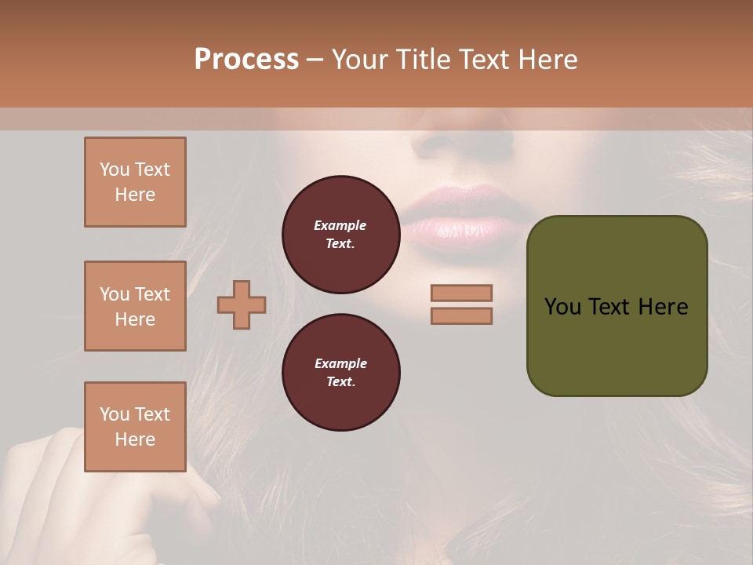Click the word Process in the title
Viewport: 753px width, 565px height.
tap(246, 60)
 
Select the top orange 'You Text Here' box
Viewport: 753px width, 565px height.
tap(135, 182)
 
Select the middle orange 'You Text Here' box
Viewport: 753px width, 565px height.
tap(135, 306)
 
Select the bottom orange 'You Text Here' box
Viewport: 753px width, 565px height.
tap(135, 427)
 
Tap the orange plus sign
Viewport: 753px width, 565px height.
tap(242, 304)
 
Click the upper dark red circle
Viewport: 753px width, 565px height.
tap(340, 235)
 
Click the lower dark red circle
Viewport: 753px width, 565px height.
tap(340, 373)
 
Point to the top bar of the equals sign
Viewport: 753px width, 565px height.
tap(461, 293)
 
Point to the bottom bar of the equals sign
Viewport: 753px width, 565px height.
tap(461, 315)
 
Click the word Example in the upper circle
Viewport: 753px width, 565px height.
tap(340, 225)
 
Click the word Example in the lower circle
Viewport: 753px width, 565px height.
tap(340, 363)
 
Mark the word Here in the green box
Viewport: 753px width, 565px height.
tap(663, 307)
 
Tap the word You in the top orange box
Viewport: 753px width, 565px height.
tap(115, 169)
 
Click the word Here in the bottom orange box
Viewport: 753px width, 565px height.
tap(135, 439)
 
